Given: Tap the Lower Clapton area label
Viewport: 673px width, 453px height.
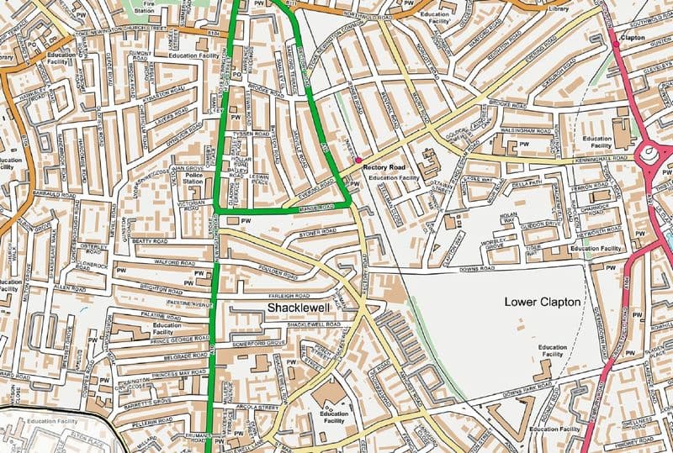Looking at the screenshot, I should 543,301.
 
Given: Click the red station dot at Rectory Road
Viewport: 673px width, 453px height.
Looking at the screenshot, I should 358,159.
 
